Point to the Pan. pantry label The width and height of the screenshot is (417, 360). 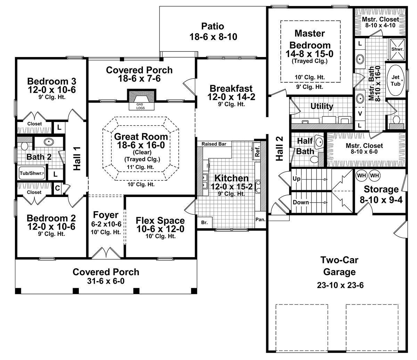coord(260,219)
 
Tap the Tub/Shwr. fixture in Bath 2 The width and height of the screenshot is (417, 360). coord(32,173)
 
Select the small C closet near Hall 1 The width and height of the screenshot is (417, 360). coord(57,188)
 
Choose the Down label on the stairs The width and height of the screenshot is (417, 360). coord(301,202)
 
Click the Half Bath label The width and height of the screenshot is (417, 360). coord(305,146)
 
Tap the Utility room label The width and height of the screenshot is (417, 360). coord(321,106)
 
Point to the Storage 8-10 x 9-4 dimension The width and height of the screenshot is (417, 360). coord(381,200)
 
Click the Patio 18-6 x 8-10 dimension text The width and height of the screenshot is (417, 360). coord(213,37)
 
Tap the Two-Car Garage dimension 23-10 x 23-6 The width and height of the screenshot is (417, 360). coord(340,286)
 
